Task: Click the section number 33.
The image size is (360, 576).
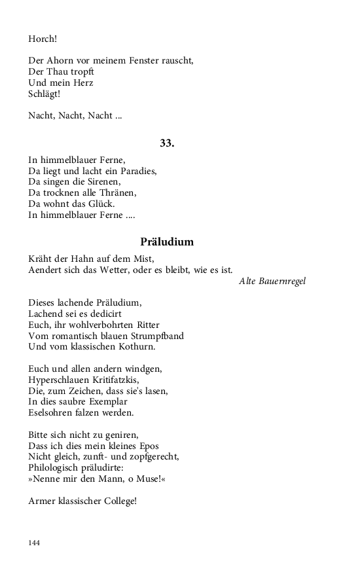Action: (167, 143)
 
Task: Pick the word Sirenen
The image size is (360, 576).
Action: (103, 181)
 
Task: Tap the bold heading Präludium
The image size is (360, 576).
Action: (167, 242)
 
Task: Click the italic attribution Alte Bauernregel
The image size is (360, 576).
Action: (272, 281)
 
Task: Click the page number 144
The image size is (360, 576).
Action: (35, 543)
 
